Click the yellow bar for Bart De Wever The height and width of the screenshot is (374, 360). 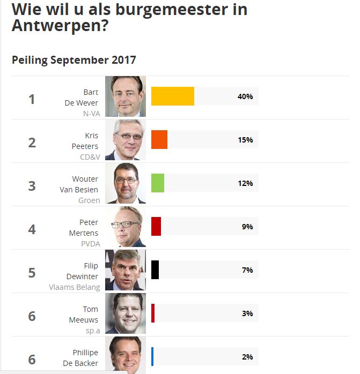(172, 96)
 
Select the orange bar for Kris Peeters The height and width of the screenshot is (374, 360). (159, 140)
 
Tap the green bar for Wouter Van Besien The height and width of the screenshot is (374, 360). (158, 183)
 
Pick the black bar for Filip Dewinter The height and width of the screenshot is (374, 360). (155, 270)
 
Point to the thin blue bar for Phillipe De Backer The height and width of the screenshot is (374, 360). (152, 356)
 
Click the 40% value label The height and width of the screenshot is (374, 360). (245, 96)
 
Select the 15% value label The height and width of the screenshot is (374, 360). (245, 140)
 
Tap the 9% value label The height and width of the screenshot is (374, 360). (247, 227)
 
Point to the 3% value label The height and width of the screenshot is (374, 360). (247, 313)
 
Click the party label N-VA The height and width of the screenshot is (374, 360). (91, 114)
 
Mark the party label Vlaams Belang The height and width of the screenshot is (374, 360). (75, 287)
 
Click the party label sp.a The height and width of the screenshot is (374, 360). (93, 330)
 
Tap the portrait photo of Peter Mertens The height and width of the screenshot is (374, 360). (126, 227)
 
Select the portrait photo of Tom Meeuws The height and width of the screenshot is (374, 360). (126, 313)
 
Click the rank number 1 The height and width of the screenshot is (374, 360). (32, 100)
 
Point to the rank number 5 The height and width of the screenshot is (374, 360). (32, 273)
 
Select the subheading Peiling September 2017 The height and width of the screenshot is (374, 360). (74, 60)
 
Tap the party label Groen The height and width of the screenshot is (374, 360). (89, 200)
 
